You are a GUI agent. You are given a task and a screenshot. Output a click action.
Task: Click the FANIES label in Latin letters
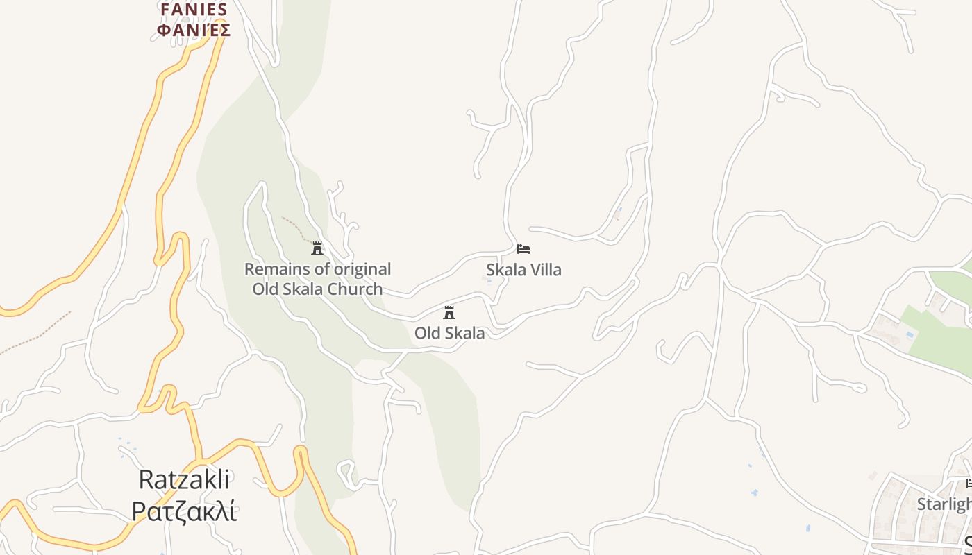194,9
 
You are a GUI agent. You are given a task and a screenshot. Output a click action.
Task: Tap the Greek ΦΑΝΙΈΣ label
194,30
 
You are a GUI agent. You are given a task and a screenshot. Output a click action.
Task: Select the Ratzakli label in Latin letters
185,479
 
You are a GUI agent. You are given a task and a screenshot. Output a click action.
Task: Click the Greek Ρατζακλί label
185,511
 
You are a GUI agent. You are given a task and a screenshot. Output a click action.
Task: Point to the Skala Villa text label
523,270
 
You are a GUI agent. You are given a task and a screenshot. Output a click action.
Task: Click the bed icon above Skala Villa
523,249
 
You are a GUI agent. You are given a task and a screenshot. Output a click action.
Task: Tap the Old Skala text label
449,333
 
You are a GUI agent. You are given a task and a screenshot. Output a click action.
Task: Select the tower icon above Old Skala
449,312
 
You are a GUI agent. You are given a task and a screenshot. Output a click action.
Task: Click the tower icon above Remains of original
317,248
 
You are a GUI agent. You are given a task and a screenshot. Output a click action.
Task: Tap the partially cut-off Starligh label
944,504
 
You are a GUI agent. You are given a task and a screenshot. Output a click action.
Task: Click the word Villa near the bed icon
546,270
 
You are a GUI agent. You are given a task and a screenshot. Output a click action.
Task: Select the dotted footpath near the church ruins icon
295,227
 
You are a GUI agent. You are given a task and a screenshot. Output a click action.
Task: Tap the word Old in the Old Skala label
428,333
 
